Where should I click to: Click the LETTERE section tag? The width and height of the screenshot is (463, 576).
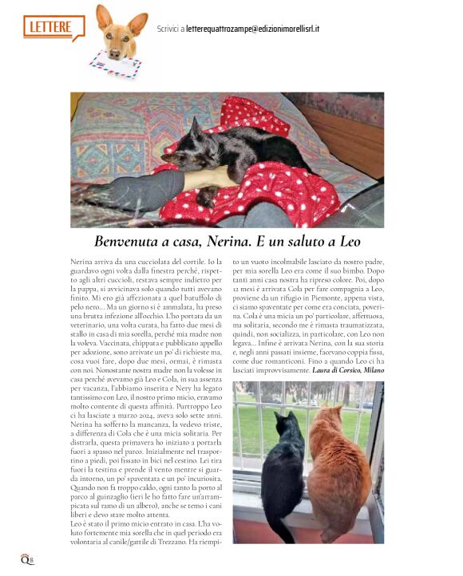pos(53,27)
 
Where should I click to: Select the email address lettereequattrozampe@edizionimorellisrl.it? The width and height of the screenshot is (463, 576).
pos(252,30)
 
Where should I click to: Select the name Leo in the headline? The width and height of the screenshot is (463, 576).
pos(349,240)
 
